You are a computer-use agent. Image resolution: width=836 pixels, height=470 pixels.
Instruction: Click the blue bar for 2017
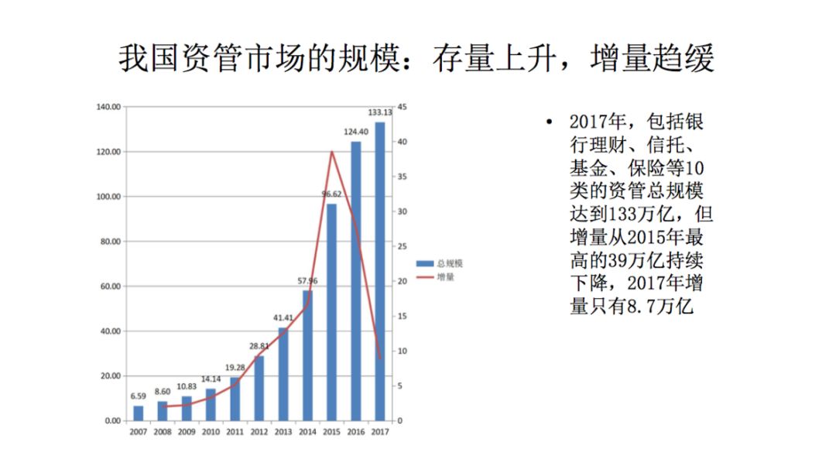tap(380, 271)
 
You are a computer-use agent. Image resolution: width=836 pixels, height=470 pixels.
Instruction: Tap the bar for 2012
tap(259, 388)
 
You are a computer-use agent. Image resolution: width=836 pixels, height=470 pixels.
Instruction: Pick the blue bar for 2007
tap(139, 413)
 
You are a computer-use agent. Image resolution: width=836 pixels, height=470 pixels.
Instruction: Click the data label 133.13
tap(380, 112)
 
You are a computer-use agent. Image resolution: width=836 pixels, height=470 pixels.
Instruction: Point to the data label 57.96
tap(308, 280)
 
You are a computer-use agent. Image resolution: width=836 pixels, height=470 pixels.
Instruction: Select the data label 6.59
tap(139, 396)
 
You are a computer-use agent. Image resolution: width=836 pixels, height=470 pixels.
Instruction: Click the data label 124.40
tap(356, 132)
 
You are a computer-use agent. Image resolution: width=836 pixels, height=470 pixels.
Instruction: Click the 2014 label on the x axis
tap(308, 432)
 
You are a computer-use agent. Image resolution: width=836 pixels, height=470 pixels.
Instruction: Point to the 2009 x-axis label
tap(187, 432)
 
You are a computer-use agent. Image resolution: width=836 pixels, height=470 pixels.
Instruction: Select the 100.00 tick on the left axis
tap(108, 197)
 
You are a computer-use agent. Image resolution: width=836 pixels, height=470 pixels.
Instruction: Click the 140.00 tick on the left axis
tap(108, 107)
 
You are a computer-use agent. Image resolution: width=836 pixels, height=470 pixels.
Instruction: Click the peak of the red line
tap(332, 152)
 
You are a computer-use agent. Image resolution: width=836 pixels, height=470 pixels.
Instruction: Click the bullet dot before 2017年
tap(549, 123)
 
